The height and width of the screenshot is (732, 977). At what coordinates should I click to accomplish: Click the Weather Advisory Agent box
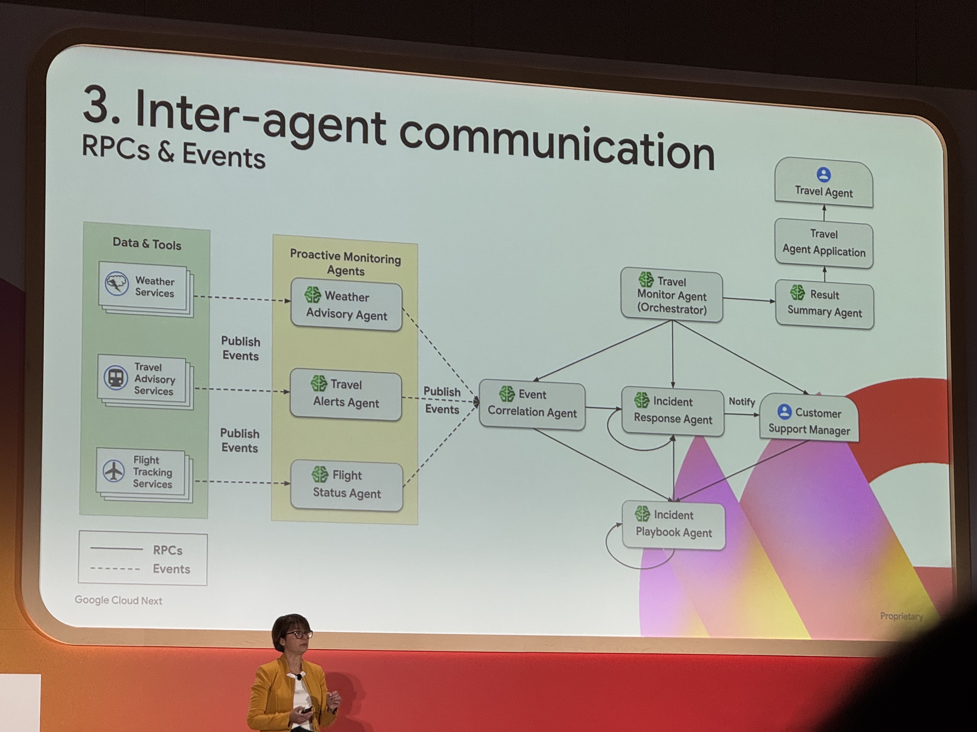[346, 305]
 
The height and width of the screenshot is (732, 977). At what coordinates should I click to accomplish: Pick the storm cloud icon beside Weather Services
[117, 283]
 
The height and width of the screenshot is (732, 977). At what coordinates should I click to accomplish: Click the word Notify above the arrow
[741, 402]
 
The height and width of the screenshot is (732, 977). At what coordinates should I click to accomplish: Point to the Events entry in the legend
[171, 569]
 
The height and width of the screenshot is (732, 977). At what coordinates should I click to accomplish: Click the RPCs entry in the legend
[167, 550]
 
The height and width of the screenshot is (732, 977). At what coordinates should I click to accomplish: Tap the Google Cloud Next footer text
[118, 600]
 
